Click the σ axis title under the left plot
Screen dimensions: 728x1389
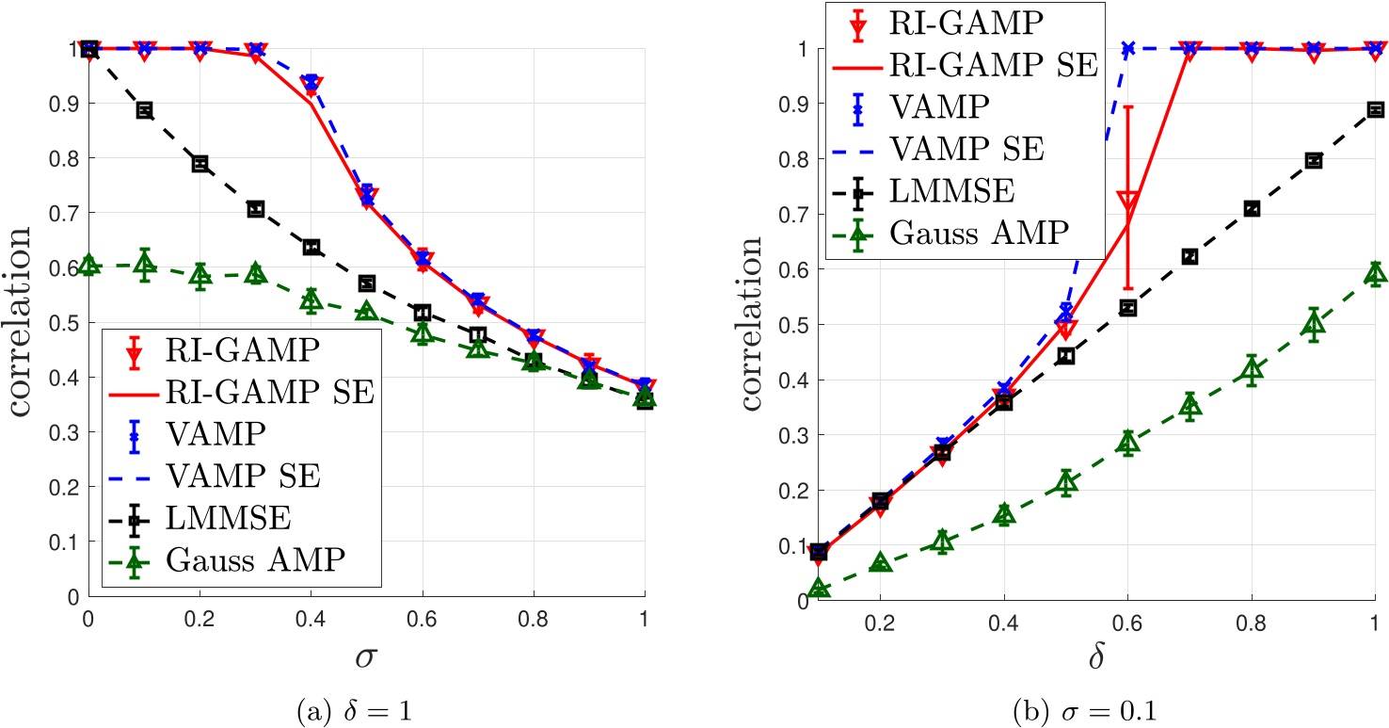click(365, 655)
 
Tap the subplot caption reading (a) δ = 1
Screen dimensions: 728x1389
click(366, 705)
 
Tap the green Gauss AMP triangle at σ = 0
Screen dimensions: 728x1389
click(88, 265)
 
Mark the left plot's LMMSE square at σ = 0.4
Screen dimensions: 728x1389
click(311, 248)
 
